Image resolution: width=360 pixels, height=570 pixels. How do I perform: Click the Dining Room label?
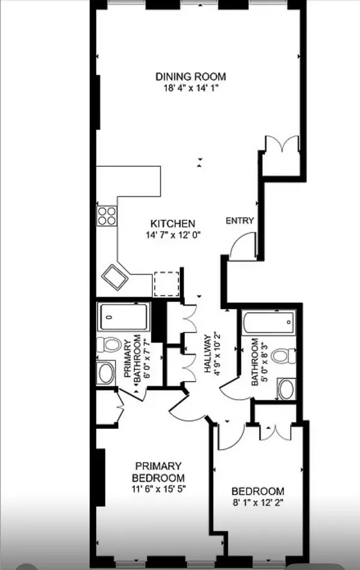[x=191, y=76]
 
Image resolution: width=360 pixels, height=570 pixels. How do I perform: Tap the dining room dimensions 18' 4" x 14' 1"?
[x=191, y=88]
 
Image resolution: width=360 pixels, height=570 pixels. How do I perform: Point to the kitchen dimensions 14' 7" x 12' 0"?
[x=172, y=235]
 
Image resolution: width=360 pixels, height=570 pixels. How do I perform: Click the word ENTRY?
[x=239, y=220]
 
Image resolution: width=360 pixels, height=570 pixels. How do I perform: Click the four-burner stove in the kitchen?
[x=107, y=215]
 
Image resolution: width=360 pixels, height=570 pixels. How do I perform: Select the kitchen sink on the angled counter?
[x=115, y=277]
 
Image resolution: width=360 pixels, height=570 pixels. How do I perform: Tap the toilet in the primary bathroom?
[x=109, y=346]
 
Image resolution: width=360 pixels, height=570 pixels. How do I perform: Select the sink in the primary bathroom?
[x=107, y=373]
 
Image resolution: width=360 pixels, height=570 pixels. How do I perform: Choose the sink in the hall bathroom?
[x=286, y=388]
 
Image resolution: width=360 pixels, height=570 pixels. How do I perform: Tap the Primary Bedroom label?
[x=158, y=471]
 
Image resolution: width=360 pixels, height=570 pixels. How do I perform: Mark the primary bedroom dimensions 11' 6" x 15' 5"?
[x=158, y=488]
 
